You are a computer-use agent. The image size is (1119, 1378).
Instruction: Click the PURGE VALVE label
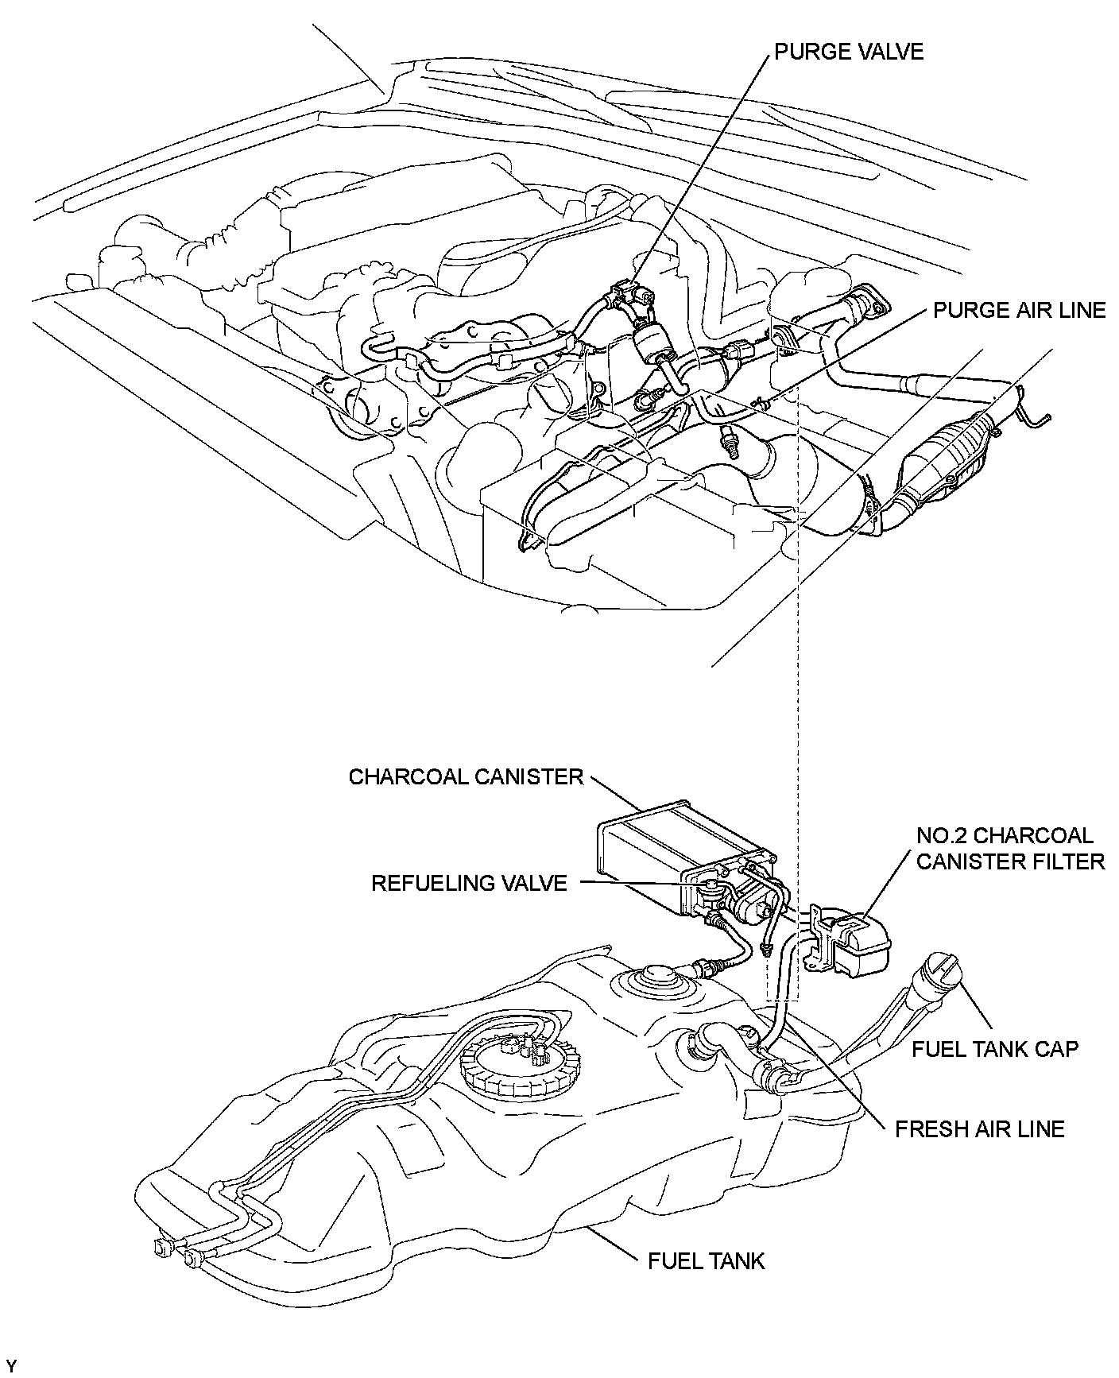[849, 52]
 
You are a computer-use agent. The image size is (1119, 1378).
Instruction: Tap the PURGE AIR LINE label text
[1020, 310]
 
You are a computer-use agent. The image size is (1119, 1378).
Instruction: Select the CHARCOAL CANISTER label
[467, 776]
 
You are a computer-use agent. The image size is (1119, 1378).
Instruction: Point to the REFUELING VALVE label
[470, 883]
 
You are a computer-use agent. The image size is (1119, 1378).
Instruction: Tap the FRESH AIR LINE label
[979, 1128]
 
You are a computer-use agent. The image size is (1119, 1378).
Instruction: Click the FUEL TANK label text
[707, 1260]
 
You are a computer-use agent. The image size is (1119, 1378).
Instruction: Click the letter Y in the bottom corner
[10, 1365]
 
